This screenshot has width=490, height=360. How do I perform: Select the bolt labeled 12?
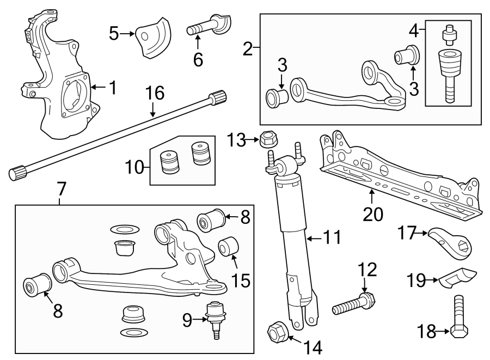pyautogui.click(x=353, y=303)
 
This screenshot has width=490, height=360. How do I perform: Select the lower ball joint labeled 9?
pyautogui.click(x=216, y=318)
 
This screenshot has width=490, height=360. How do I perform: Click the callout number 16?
pyautogui.click(x=154, y=93)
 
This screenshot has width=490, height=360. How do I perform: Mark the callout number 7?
pyautogui.click(x=61, y=189)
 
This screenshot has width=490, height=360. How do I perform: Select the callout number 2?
pyautogui.click(x=248, y=50)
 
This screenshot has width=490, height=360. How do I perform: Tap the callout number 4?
pyautogui.click(x=414, y=30)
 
